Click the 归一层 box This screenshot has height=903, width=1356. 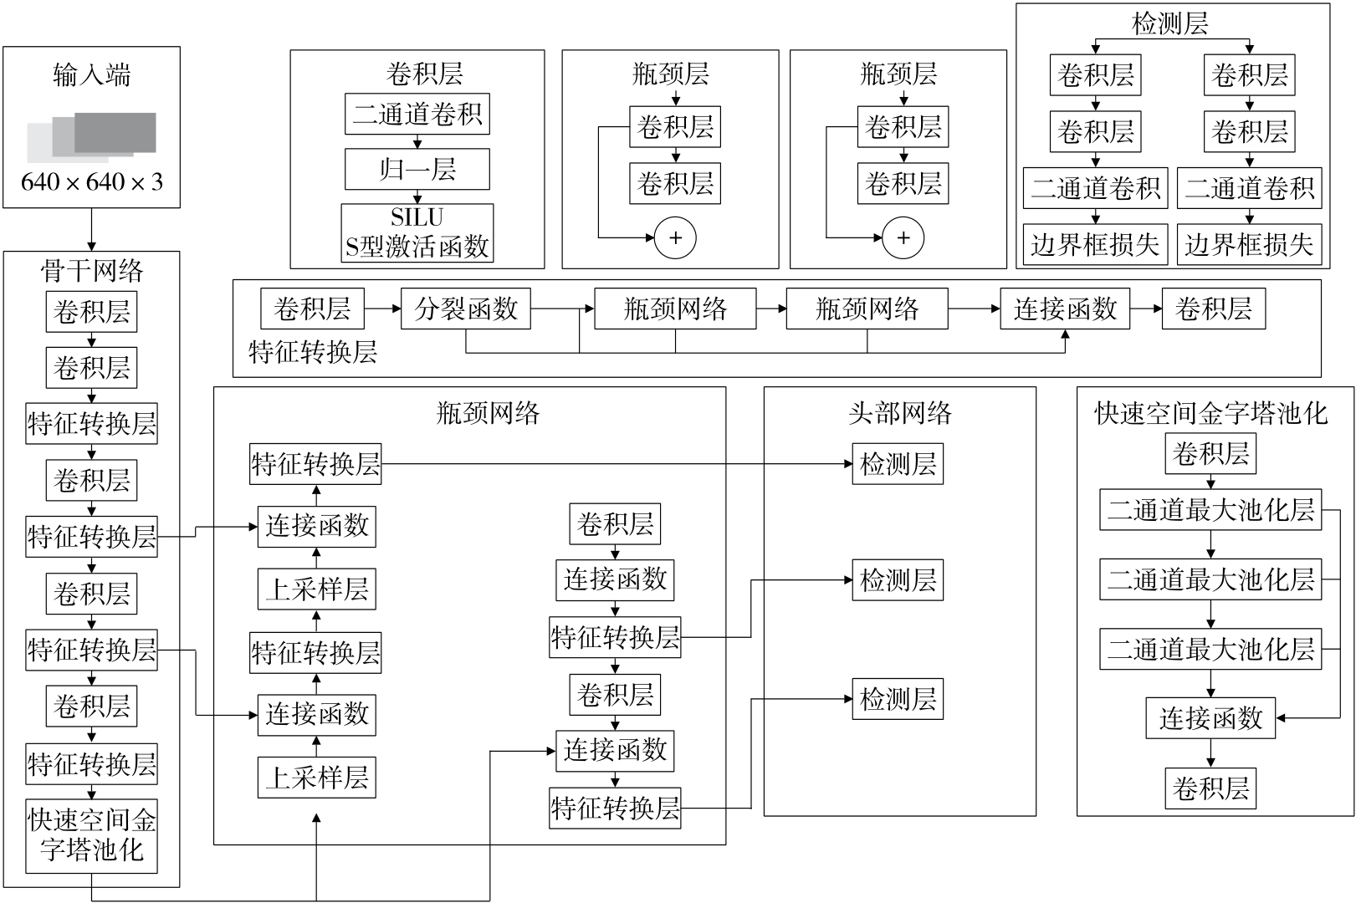417,170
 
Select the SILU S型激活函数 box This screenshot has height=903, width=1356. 417,233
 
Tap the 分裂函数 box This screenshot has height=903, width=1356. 466,309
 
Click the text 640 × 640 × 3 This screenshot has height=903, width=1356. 92,181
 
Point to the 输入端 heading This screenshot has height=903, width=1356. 92,75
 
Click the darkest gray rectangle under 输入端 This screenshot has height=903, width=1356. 115,131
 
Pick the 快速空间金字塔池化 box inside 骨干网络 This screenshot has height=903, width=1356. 92,835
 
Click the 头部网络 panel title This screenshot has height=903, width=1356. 899,412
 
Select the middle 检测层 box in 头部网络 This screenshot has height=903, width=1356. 898,579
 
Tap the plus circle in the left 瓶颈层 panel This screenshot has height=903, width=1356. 675,238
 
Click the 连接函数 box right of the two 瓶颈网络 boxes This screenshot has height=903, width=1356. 1065,309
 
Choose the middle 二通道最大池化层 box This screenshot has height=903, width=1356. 1210,579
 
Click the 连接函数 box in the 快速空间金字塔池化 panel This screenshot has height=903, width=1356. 1210,717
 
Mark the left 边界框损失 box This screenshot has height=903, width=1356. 1095,244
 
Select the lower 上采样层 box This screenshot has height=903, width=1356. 316,778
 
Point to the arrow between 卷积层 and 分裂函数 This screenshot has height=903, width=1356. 382,309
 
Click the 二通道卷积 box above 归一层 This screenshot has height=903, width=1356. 417,115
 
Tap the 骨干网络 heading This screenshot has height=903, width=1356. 92,271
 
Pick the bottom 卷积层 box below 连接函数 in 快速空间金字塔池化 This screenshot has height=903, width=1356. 1210,788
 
